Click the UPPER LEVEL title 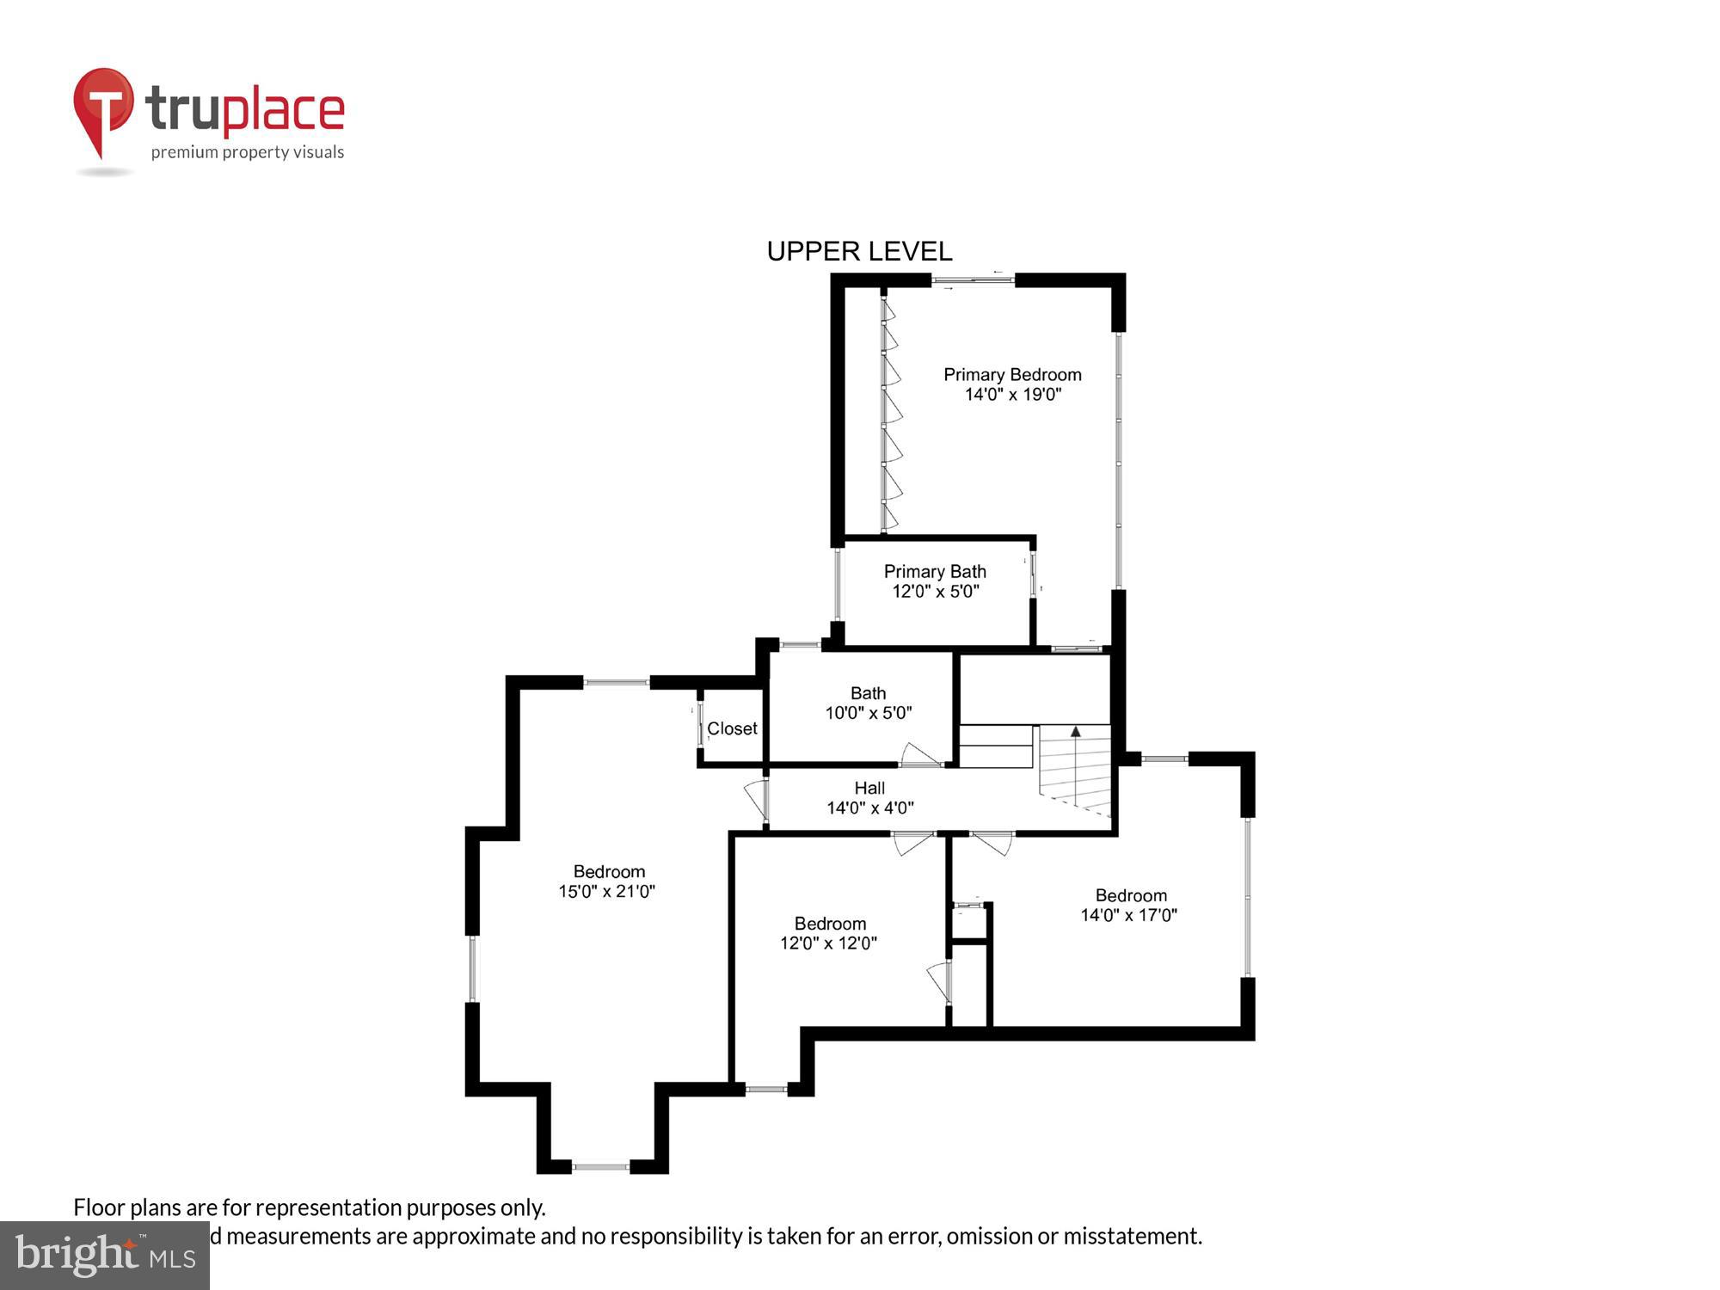pos(859,251)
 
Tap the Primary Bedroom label pos(1012,375)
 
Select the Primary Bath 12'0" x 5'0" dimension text pos(935,592)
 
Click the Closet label pos(732,728)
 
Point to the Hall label pos(869,788)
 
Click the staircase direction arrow pos(1075,732)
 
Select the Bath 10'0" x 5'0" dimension pos(868,713)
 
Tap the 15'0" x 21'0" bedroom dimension pos(607,892)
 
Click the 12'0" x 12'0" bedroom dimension pos(828,943)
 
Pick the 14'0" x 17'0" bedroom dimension pos(1128,915)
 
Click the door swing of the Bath pos(918,755)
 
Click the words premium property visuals pos(248,152)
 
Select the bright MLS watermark pos(105,1256)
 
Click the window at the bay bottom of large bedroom pos(601,1167)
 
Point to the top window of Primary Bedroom pos(973,279)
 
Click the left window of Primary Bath pos(838,584)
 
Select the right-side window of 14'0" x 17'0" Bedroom pos(1248,897)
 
